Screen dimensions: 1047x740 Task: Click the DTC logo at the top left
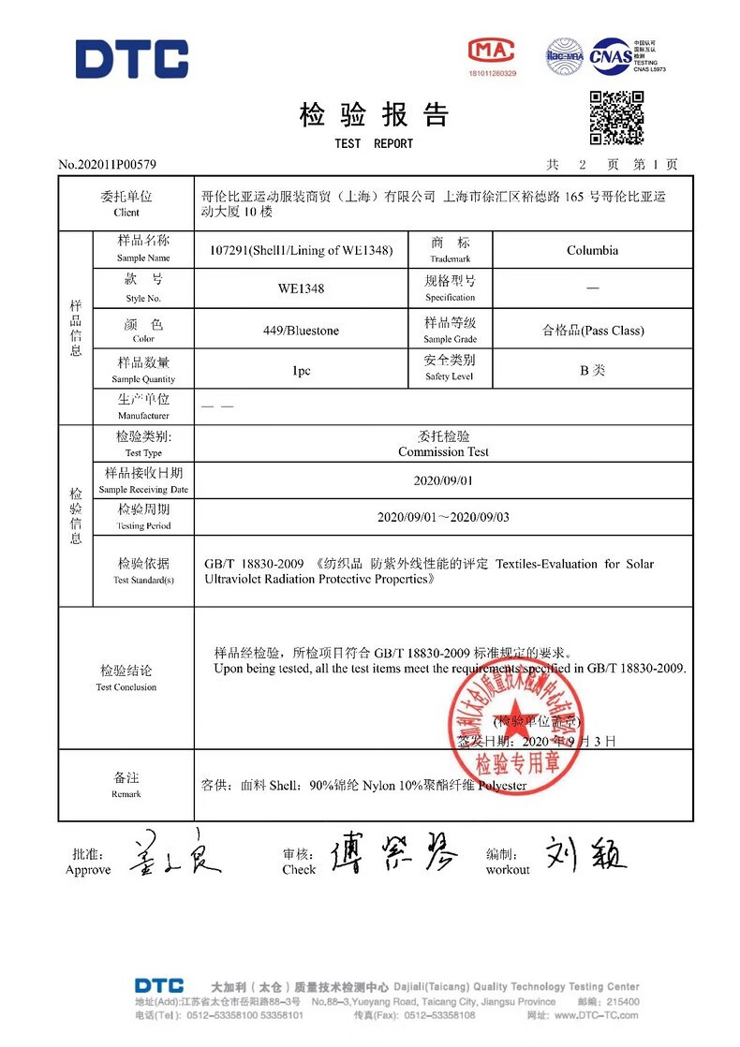(131, 58)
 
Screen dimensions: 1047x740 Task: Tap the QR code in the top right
(615, 118)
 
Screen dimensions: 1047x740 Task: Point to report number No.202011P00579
(107, 165)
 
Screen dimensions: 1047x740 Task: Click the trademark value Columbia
(592, 250)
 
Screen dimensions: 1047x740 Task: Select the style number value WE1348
(301, 288)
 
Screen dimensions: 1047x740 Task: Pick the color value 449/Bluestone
(301, 331)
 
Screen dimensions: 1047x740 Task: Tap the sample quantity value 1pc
(301, 370)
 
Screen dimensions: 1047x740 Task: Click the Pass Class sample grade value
(592, 331)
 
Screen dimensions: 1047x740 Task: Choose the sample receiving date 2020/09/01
(443, 480)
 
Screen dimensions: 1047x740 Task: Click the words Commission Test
(443, 451)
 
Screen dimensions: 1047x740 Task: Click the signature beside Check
(393, 853)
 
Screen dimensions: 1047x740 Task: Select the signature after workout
(586, 853)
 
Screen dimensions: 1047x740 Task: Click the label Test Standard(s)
(143, 580)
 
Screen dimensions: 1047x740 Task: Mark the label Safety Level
(450, 376)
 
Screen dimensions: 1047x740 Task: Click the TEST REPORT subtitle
(373, 143)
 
